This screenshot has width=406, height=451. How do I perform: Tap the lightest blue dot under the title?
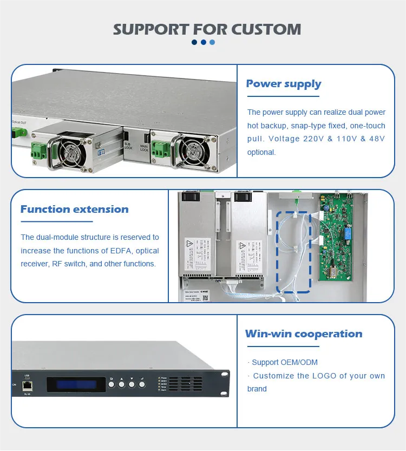[212, 42]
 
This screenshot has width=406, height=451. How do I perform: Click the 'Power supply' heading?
[283, 84]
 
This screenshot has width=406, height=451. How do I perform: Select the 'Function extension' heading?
[74, 210]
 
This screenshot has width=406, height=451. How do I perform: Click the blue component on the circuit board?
[345, 239]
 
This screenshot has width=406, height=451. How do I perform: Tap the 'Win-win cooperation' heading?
[303, 334]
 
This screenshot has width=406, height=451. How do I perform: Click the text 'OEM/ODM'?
[299, 362]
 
